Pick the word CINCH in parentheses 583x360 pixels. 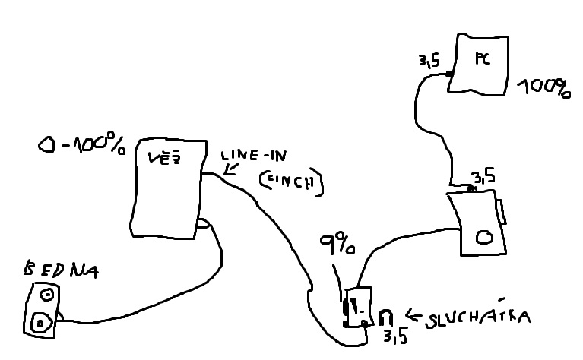(x=290, y=181)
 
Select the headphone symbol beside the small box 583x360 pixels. (x=385, y=316)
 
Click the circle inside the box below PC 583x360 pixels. (x=483, y=236)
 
